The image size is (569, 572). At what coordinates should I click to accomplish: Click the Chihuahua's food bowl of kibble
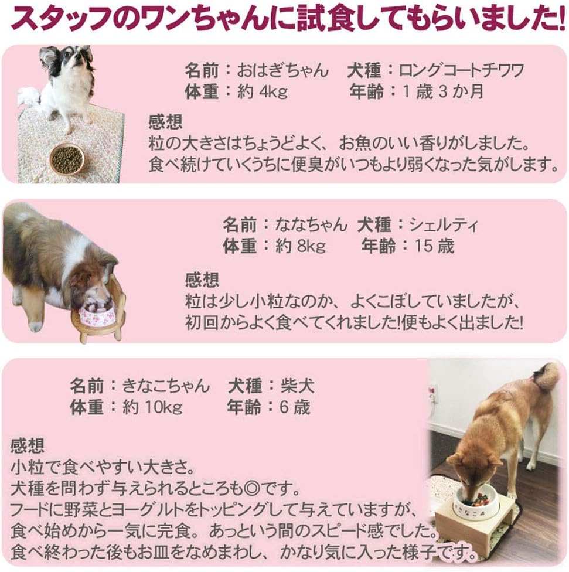coord(66,159)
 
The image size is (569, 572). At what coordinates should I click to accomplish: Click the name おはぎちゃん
coord(283,71)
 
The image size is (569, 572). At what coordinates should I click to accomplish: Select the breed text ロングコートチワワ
coord(461,71)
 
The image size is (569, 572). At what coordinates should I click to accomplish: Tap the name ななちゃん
coord(311,224)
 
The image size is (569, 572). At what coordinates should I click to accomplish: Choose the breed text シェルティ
coord(444,224)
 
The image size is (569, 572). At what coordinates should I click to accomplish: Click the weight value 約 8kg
coord(301,246)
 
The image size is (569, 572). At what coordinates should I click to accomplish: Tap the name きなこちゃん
coord(166,386)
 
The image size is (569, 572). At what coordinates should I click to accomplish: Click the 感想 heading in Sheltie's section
coord(202,279)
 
